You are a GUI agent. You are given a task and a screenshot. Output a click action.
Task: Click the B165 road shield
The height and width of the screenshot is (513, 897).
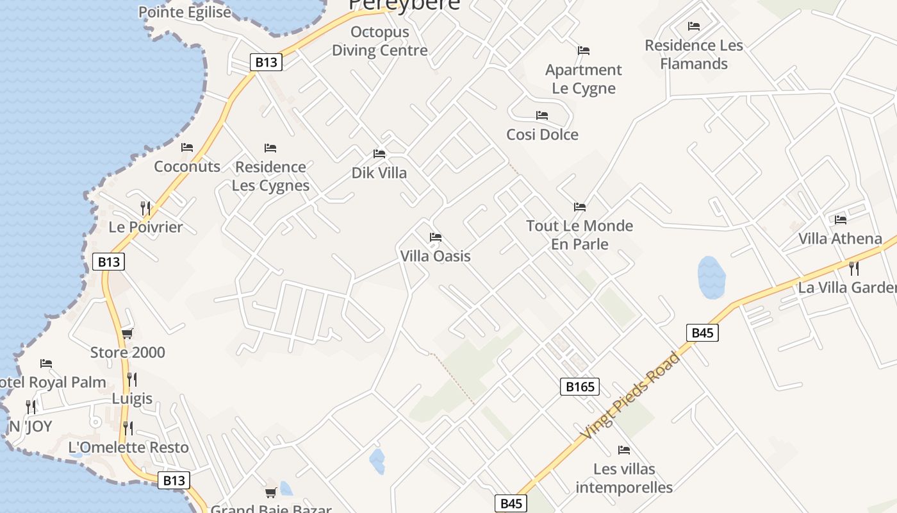click(580, 386)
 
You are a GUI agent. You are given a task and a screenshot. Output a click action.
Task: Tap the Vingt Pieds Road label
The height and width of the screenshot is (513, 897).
click(630, 396)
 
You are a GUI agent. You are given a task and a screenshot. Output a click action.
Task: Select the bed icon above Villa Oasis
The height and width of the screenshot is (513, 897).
click(436, 237)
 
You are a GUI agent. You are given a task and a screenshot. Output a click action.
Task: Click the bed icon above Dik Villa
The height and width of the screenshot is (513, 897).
click(379, 154)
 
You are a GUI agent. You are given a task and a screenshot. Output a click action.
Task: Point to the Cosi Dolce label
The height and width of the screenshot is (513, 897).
click(542, 135)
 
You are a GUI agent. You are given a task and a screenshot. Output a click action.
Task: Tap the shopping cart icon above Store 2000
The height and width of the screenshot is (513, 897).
click(127, 333)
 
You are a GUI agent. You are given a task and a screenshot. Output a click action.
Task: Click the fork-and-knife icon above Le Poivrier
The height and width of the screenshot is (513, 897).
click(145, 208)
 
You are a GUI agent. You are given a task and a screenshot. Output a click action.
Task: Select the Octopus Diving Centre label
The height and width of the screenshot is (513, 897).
click(379, 41)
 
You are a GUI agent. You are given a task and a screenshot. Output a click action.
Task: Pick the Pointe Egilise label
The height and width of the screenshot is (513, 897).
click(185, 12)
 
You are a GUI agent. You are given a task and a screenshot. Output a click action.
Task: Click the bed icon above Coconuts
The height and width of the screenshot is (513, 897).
click(187, 147)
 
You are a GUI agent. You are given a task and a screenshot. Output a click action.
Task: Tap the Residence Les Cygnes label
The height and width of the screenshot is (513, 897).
click(270, 176)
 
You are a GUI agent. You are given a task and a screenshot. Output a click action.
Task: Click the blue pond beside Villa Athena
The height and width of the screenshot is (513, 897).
click(711, 278)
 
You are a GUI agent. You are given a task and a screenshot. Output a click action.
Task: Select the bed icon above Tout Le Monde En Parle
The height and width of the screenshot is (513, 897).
click(580, 206)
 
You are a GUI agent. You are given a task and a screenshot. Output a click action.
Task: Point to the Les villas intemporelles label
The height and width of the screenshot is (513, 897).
click(624, 478)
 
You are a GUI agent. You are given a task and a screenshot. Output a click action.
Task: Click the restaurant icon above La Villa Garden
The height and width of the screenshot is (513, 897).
click(853, 268)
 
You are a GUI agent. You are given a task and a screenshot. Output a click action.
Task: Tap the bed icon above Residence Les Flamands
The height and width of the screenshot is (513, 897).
click(694, 26)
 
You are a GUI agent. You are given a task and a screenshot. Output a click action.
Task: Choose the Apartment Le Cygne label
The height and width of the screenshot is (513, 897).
click(583, 79)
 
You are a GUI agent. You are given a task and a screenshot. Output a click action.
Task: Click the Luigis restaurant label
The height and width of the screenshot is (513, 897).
click(133, 399)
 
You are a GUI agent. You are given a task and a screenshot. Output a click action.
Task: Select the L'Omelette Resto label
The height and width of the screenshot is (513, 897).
click(128, 448)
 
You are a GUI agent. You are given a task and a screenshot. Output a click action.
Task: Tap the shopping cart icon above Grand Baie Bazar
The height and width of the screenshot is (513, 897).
click(271, 492)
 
